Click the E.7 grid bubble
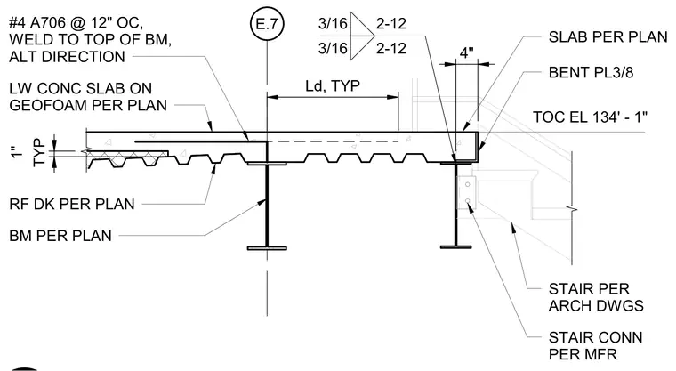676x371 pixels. [x=268, y=23]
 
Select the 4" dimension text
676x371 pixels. [x=467, y=52]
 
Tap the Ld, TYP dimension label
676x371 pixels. [x=333, y=85]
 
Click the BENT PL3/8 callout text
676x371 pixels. [x=591, y=72]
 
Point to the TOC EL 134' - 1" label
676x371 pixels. [x=590, y=117]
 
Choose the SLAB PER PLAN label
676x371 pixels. [x=608, y=37]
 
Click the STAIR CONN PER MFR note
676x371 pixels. [x=595, y=345]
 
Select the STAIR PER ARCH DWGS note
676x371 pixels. [x=596, y=297]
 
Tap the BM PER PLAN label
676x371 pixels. [x=60, y=236]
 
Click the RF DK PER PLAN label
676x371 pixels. [x=72, y=204]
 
